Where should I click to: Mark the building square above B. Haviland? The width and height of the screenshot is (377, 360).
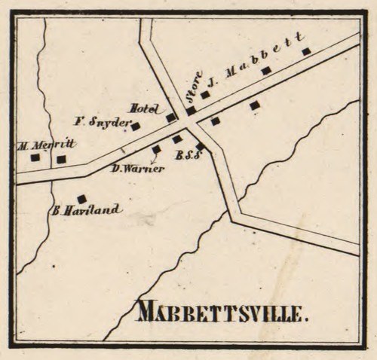(x=81, y=199)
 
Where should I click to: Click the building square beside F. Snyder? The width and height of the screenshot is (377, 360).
(x=135, y=126)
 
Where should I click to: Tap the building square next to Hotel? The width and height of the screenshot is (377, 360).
(x=171, y=117)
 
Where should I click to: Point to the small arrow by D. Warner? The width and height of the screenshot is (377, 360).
(x=154, y=159)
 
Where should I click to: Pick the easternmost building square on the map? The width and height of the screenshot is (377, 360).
(x=306, y=51)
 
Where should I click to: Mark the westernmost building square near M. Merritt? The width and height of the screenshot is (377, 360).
(x=35, y=157)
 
